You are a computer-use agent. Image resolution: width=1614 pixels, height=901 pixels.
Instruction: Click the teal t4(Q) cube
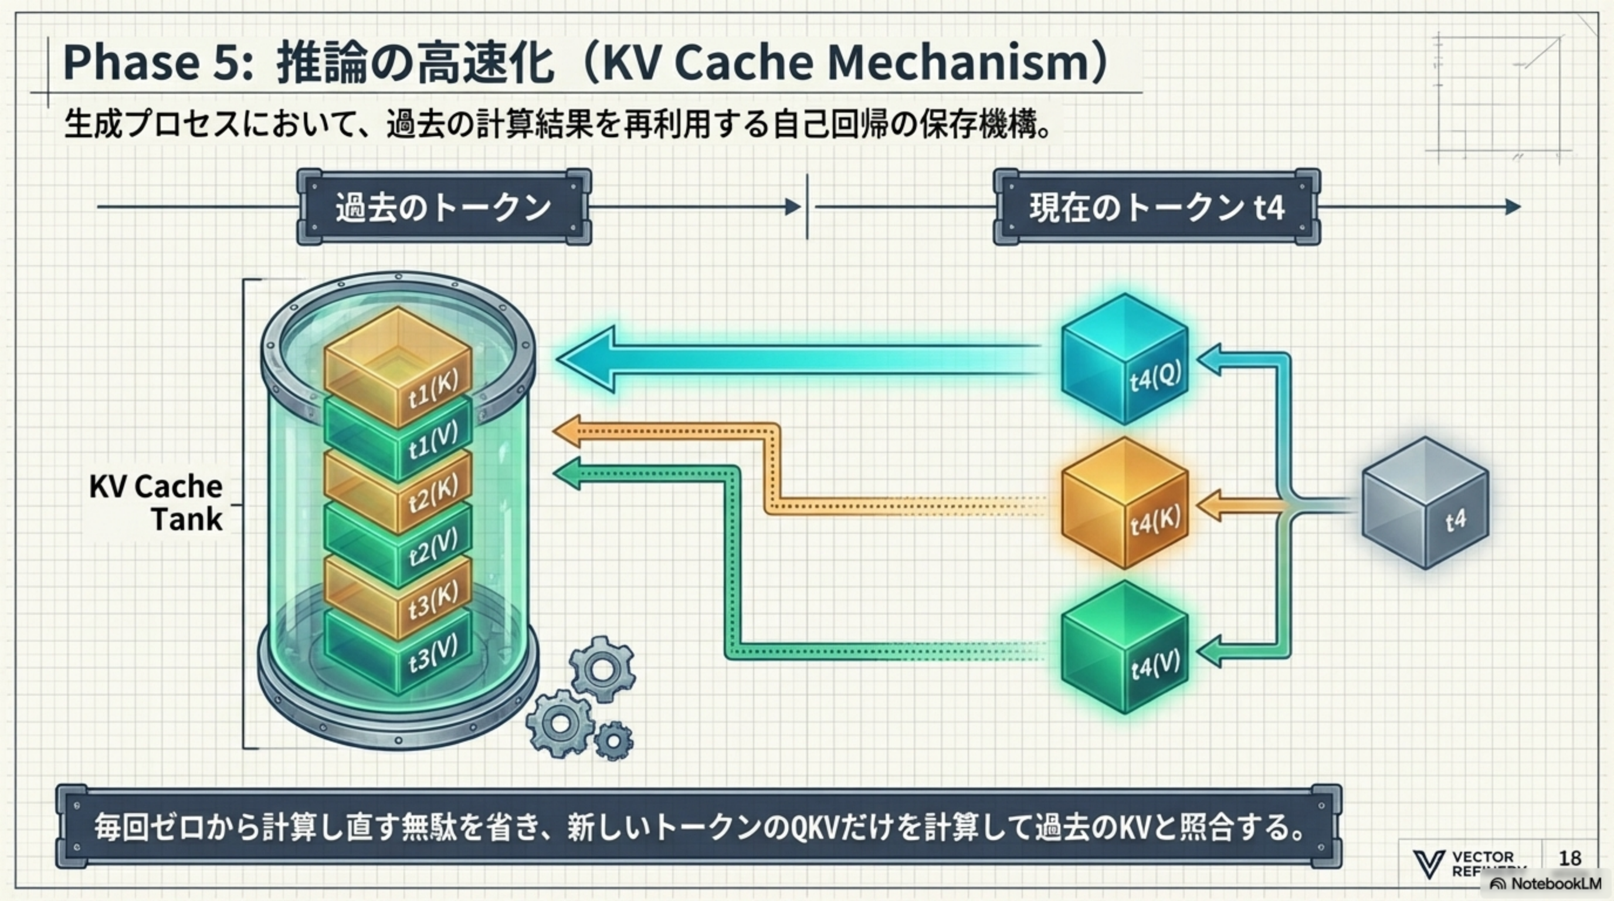tap(1125, 360)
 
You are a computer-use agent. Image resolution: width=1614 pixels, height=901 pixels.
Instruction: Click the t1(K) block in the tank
tap(398, 364)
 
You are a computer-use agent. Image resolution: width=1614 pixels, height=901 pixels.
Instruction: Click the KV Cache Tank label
tap(157, 503)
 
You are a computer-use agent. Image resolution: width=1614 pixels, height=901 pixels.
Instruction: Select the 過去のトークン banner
tap(443, 206)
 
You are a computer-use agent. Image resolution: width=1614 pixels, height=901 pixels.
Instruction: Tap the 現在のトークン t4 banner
tap(1157, 206)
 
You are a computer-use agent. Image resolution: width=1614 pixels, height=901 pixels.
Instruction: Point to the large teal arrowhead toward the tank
tap(586, 360)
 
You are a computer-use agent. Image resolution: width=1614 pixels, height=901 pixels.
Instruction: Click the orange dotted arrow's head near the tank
tap(567, 431)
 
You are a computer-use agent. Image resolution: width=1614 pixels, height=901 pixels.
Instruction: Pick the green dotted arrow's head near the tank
tap(567, 473)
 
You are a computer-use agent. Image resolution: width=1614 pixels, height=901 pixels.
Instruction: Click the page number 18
tap(1569, 858)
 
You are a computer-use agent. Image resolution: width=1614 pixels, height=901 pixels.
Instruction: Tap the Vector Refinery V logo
tap(1429, 864)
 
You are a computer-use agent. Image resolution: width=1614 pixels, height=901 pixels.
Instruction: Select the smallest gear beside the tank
tap(613, 741)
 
